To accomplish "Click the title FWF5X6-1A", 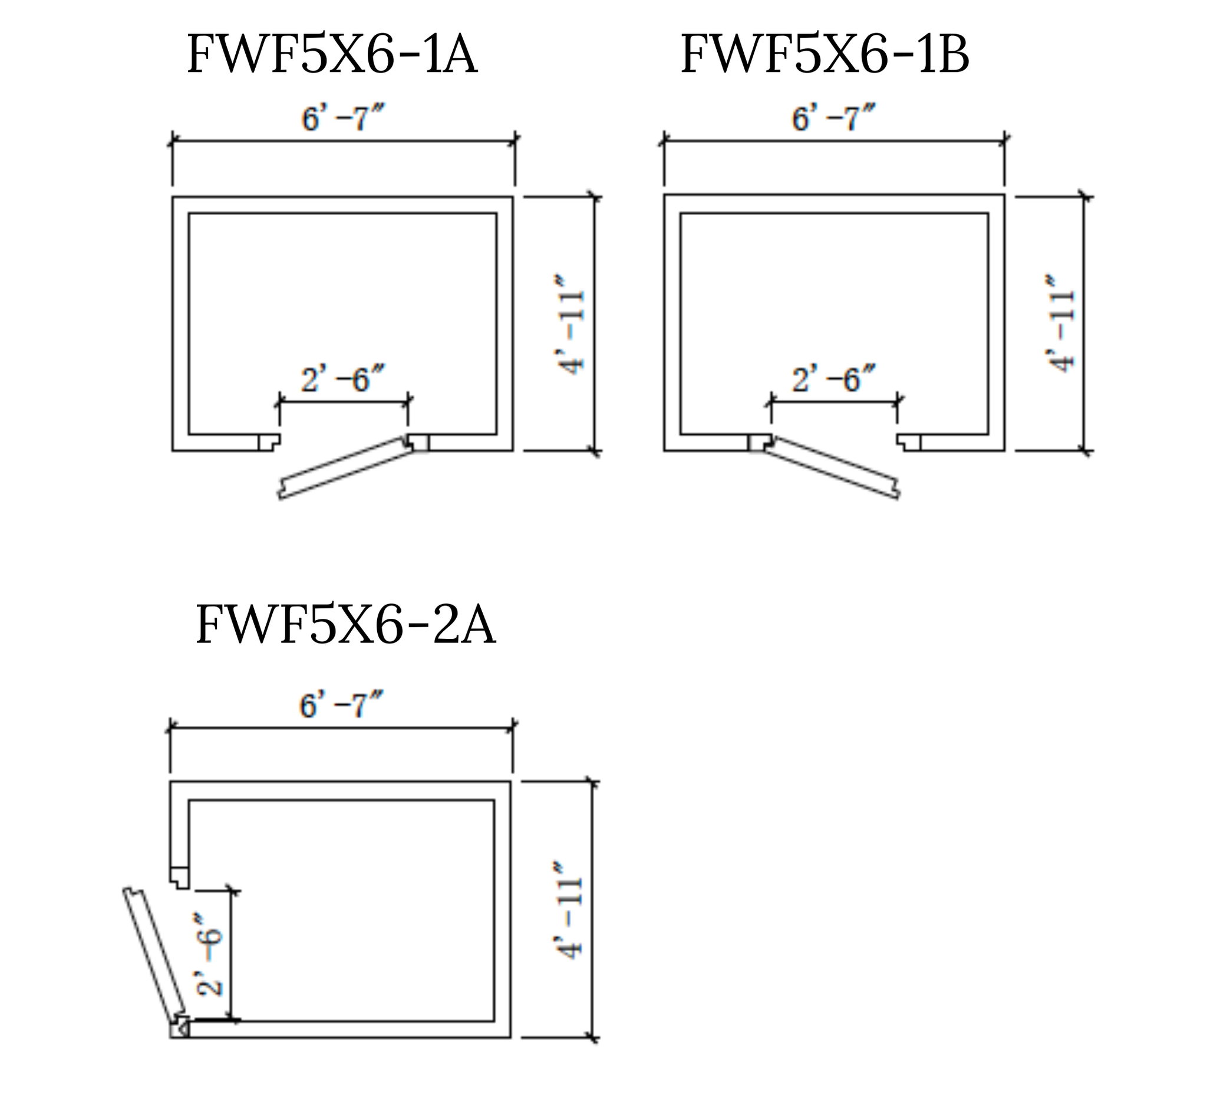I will [332, 55].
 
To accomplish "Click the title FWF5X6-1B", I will [825, 55].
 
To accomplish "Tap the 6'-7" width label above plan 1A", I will [343, 118].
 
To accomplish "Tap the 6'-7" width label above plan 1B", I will [833, 118].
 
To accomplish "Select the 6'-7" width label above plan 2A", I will [341, 705].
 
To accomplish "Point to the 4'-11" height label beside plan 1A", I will [570, 324].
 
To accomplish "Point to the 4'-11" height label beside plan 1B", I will [1061, 324].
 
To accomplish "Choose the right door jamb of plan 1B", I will [909, 442].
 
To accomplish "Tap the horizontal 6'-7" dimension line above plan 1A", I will [343, 141].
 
